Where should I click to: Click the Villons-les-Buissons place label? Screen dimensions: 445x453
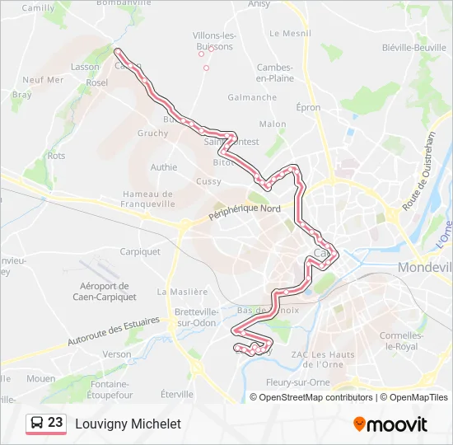pos(213,41)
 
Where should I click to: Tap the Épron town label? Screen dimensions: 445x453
pos(308,107)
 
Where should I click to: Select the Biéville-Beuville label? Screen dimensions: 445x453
pos(414,48)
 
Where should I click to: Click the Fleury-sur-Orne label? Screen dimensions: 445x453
pos(297,382)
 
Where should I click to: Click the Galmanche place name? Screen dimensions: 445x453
pos(252,97)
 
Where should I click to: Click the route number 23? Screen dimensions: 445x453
pos(55,423)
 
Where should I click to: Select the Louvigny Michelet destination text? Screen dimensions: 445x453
pos(128,424)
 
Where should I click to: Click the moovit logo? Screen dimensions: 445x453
pos(390,424)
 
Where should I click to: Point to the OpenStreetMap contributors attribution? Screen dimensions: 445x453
pos(316,397)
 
